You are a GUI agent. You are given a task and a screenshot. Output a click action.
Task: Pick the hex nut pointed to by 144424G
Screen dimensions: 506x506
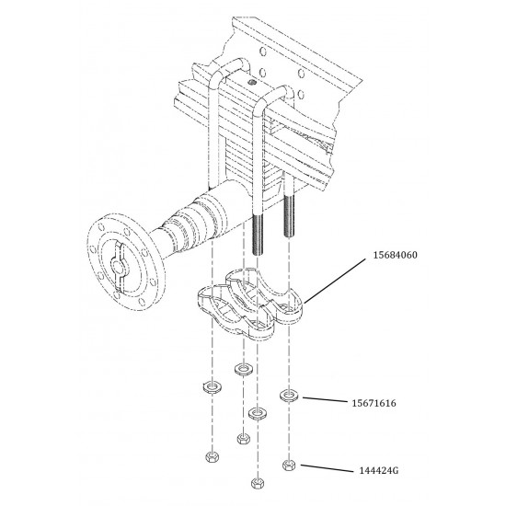[x=290, y=465]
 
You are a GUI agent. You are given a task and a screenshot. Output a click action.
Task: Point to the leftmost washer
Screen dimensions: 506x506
[x=211, y=385]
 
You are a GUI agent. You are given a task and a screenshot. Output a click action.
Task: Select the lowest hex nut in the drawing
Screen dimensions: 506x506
[x=256, y=482]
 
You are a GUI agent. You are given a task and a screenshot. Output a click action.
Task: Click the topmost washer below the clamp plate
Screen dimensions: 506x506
[x=243, y=370]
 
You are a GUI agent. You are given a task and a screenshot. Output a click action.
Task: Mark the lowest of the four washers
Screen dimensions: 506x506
[x=256, y=411]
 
